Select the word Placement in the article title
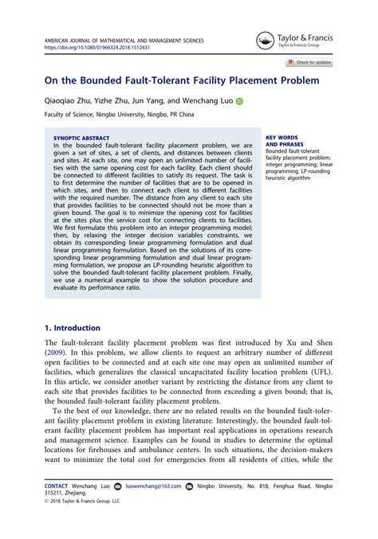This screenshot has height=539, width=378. coord(230,80)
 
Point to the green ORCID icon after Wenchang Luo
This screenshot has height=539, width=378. coord(238,102)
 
